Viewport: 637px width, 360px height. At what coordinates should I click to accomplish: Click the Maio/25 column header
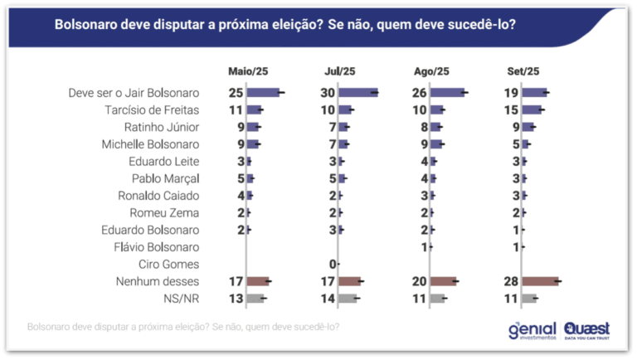[248, 71]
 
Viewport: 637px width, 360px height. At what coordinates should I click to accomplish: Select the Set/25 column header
[523, 71]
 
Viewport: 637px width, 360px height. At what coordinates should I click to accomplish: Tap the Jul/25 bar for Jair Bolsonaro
[358, 93]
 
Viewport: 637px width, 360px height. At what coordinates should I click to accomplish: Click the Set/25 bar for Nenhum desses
[540, 281]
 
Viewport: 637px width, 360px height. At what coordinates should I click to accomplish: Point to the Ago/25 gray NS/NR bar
[437, 299]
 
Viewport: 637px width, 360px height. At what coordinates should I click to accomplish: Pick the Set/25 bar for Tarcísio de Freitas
[532, 109]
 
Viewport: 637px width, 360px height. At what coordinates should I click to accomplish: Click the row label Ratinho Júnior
[162, 127]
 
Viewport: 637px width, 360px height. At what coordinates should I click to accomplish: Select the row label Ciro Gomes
[168, 264]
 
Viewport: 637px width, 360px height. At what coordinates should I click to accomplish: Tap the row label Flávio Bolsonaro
[157, 247]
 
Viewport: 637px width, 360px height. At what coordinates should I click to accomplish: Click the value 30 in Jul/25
[328, 93]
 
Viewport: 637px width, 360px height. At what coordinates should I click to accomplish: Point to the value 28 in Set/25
[511, 281]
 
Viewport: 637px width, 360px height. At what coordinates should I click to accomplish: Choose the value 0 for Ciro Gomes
[333, 264]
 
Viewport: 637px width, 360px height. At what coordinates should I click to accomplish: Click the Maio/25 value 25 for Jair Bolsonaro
[236, 93]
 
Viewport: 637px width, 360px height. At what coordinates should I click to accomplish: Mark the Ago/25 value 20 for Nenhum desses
[419, 281]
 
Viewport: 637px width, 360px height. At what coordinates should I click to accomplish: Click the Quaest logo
[587, 331]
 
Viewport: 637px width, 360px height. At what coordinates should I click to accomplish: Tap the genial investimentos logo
[532, 331]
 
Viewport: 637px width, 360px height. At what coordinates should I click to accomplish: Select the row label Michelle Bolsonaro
[150, 144]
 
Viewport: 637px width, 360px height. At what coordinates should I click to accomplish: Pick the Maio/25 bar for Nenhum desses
[258, 281]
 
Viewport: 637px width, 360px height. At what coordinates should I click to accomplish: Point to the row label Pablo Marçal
[165, 178]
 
